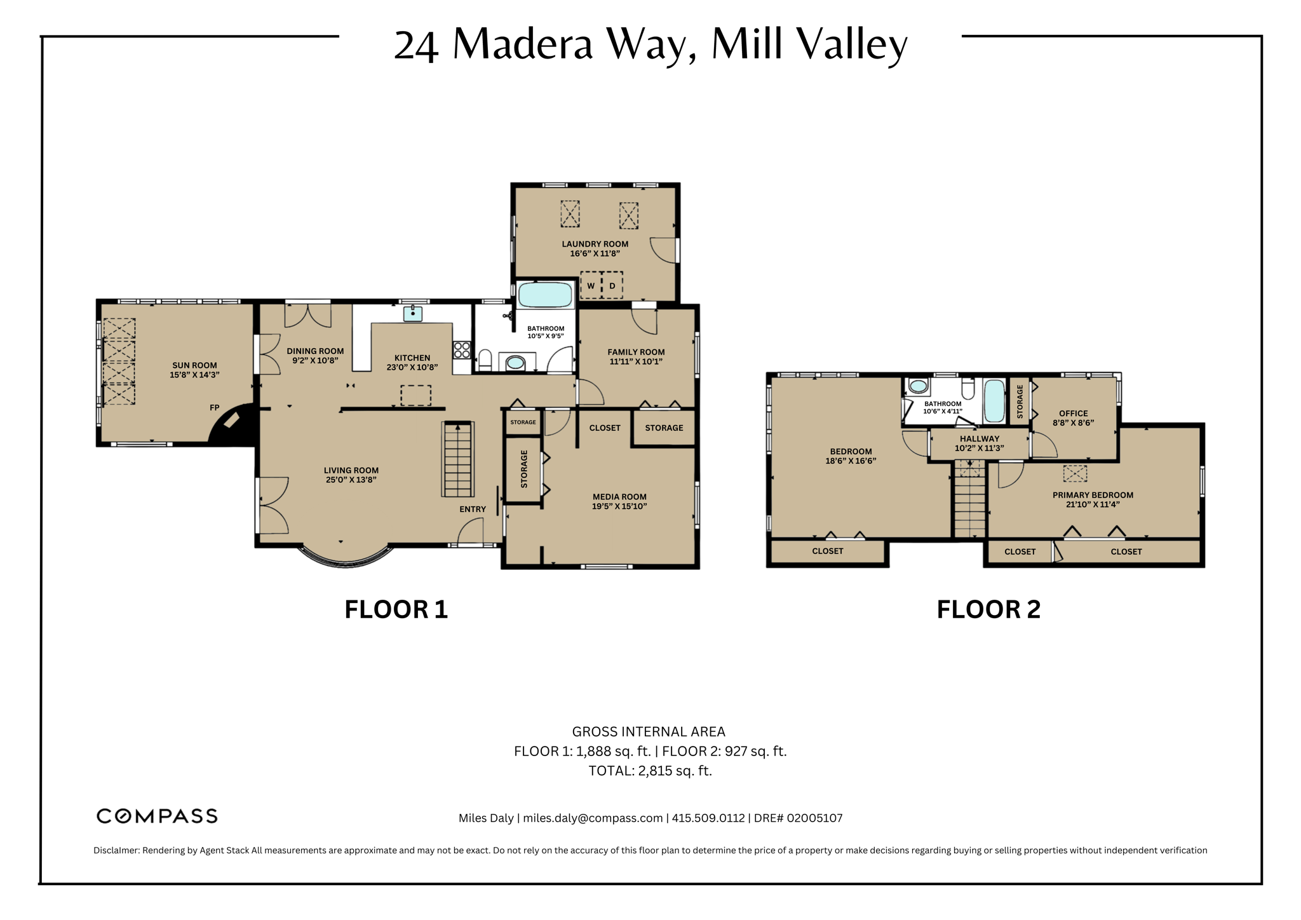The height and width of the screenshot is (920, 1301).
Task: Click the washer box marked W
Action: pyautogui.click(x=591, y=285)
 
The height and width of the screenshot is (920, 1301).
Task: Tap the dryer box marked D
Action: pyautogui.click(x=612, y=285)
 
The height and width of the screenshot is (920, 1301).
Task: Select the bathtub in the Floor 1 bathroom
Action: pyautogui.click(x=546, y=295)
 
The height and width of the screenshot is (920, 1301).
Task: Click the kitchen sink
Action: pyautogui.click(x=413, y=313)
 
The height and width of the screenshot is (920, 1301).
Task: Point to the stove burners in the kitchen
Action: pyautogui.click(x=461, y=350)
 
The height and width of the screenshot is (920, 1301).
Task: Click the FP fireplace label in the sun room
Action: pyautogui.click(x=215, y=408)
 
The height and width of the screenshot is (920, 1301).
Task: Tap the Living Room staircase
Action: pyautogui.click(x=458, y=459)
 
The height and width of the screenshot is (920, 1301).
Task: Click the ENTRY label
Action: pyautogui.click(x=473, y=509)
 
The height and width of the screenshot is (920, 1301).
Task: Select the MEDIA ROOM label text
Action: pyautogui.click(x=619, y=497)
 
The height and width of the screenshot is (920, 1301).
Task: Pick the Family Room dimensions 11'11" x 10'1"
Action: pyautogui.click(x=636, y=362)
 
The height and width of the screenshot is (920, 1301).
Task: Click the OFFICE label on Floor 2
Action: pyautogui.click(x=1074, y=413)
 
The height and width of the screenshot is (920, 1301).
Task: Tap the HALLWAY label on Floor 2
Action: pyautogui.click(x=979, y=438)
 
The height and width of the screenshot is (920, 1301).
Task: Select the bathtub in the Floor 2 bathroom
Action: pyautogui.click(x=994, y=400)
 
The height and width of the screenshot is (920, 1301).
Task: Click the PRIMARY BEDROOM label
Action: pyautogui.click(x=1093, y=495)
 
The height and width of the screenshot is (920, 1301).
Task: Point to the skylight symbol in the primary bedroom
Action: pyautogui.click(x=1075, y=473)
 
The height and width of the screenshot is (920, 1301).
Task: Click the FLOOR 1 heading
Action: pyautogui.click(x=396, y=609)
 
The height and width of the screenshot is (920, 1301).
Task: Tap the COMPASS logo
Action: pyautogui.click(x=157, y=816)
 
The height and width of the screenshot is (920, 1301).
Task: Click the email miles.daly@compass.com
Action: pyautogui.click(x=593, y=818)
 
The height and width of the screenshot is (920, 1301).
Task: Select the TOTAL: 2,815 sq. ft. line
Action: pyautogui.click(x=650, y=771)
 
